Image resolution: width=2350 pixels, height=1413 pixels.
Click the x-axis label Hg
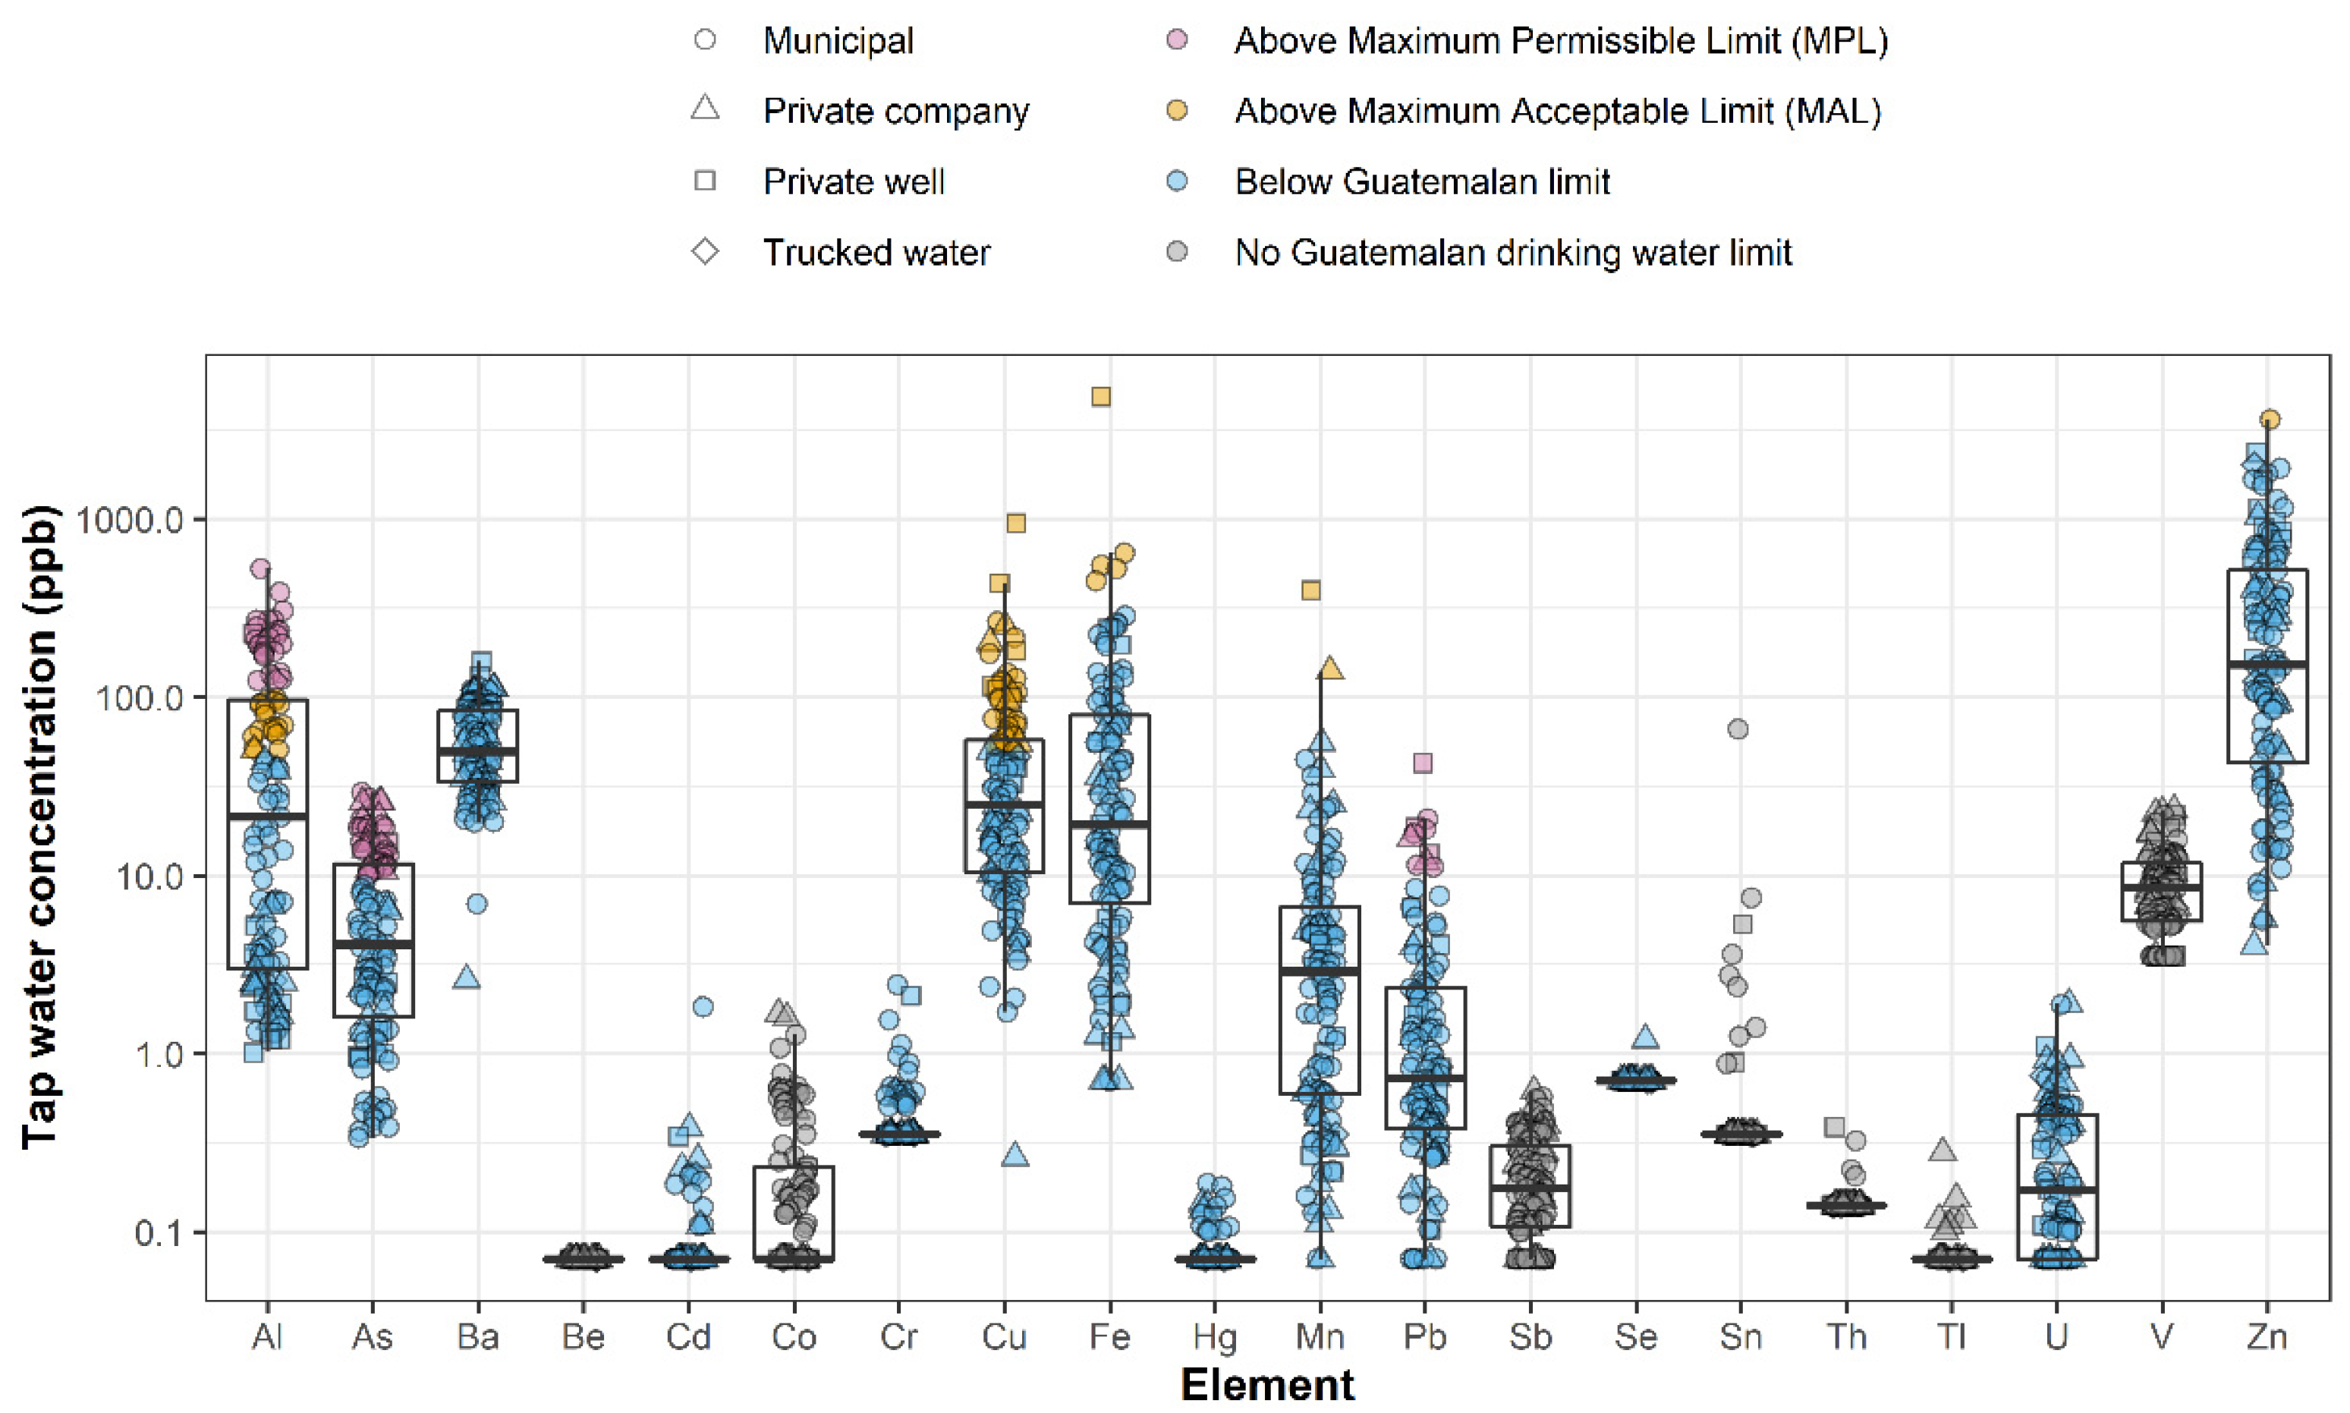(x=1215, y=1338)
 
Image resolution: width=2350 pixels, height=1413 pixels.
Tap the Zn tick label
(x=2267, y=1338)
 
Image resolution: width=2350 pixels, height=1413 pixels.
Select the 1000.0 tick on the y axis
(x=127, y=520)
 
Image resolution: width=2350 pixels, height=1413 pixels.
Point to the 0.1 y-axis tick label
(x=158, y=1233)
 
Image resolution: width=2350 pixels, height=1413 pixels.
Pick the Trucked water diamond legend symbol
(x=705, y=252)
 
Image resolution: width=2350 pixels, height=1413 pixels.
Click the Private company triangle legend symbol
(x=705, y=109)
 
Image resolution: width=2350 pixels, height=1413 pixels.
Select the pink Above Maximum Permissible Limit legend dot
(x=1178, y=40)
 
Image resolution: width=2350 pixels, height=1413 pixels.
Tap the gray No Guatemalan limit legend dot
(x=1178, y=252)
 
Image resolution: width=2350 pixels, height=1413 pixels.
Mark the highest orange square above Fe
(x=1100, y=396)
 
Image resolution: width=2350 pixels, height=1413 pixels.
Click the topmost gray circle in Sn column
(x=1738, y=729)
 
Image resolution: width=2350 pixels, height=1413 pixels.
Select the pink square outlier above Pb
(x=1422, y=763)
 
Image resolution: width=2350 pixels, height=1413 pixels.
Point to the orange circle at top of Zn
(x=2270, y=419)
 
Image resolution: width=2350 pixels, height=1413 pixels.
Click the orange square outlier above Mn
(x=1310, y=590)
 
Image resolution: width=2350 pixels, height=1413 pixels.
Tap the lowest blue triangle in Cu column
(x=1015, y=1156)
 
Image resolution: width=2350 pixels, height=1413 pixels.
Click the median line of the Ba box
(x=478, y=751)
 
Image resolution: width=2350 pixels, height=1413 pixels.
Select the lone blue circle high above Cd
(x=703, y=1006)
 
